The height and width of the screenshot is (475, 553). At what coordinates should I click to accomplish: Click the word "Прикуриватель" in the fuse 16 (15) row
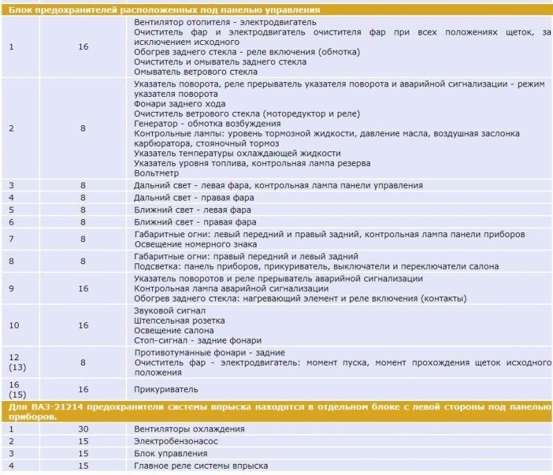pos(166,389)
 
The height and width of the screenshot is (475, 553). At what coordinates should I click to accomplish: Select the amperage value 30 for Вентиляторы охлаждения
pos(83,429)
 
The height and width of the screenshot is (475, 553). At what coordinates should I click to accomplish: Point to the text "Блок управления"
pos(171,454)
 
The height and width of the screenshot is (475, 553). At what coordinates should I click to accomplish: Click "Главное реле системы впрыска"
pos(201,466)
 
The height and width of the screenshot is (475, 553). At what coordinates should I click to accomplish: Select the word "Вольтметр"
pos(156,174)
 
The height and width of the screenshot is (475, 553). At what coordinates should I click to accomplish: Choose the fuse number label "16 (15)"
pos(15,389)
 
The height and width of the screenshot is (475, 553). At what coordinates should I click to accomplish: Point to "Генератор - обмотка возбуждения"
pos(206,123)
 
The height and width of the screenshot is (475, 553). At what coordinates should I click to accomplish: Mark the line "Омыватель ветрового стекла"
pos(196,71)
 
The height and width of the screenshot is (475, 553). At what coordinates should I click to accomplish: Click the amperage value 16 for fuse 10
pos(83,325)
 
